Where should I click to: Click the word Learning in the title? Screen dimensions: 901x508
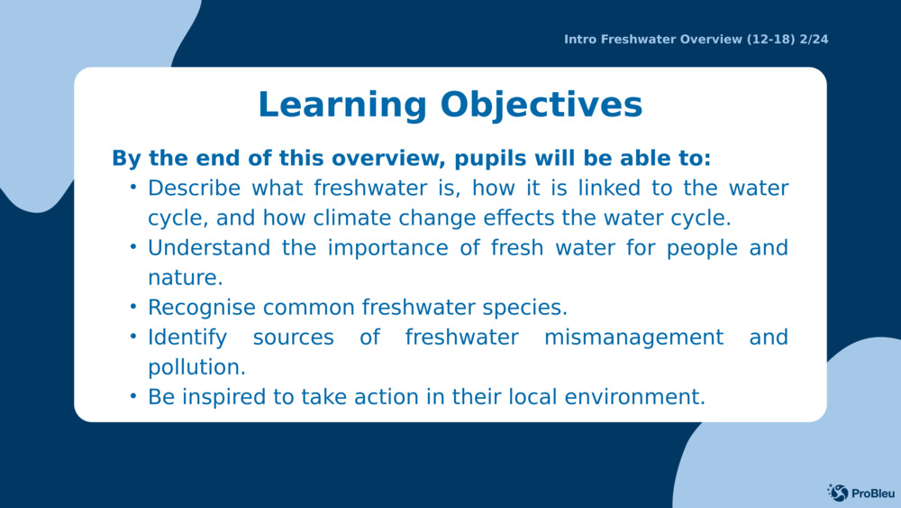342,106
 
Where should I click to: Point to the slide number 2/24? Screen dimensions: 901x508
814,39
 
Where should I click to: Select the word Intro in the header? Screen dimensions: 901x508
580,39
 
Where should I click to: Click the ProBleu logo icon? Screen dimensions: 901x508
838,493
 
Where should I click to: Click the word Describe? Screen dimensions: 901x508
195,188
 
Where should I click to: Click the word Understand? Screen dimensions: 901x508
209,248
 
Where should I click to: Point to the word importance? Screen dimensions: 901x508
387,248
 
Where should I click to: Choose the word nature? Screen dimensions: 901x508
185,278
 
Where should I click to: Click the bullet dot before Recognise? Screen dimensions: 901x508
133,307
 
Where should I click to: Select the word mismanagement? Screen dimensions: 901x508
633,337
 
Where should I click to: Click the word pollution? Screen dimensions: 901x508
196,367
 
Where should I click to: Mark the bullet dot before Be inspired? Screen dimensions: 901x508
133,396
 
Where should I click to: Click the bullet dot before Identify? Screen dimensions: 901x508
133,337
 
